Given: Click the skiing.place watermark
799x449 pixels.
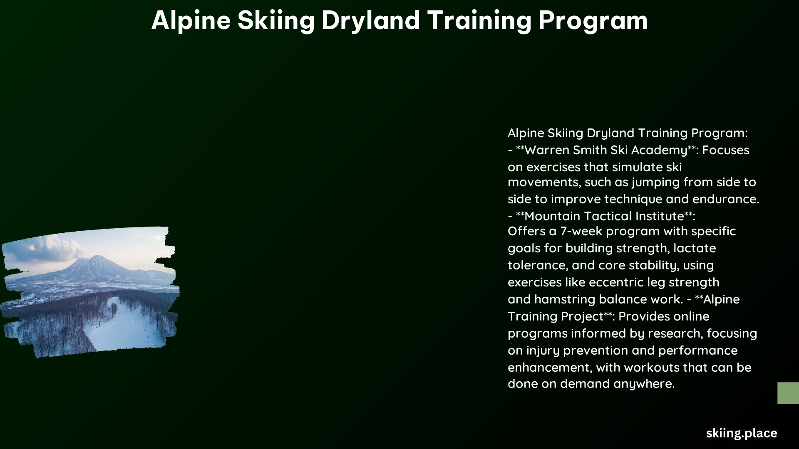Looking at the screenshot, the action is click(x=742, y=433).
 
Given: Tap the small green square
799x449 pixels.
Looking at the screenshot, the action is click(x=788, y=393).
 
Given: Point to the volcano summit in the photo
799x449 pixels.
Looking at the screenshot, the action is click(x=97, y=257).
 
